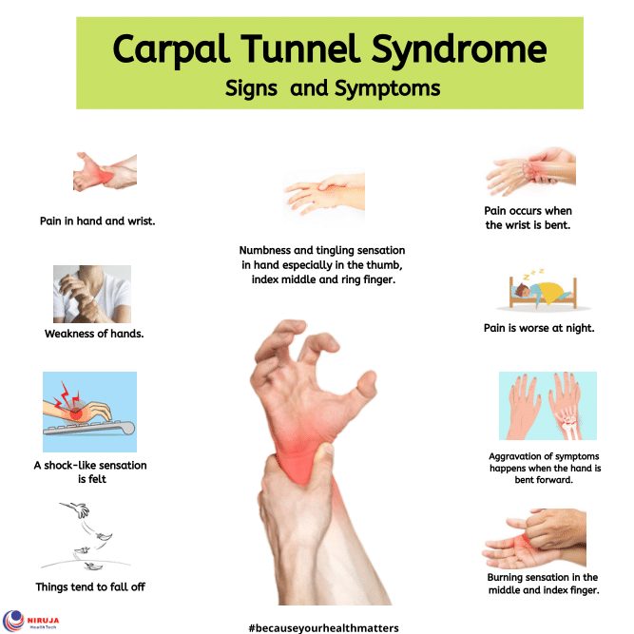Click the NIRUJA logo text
(44, 620)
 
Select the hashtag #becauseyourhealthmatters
(323, 628)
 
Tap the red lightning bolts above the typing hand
(67, 395)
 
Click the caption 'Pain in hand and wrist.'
(98, 221)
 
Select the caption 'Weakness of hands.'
(94, 334)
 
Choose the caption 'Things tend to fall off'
(90, 586)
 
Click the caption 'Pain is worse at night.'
(539, 328)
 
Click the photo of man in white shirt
(92, 294)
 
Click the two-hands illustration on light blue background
(548, 406)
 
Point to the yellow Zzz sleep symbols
(533, 274)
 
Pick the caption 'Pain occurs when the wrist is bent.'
(528, 218)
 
